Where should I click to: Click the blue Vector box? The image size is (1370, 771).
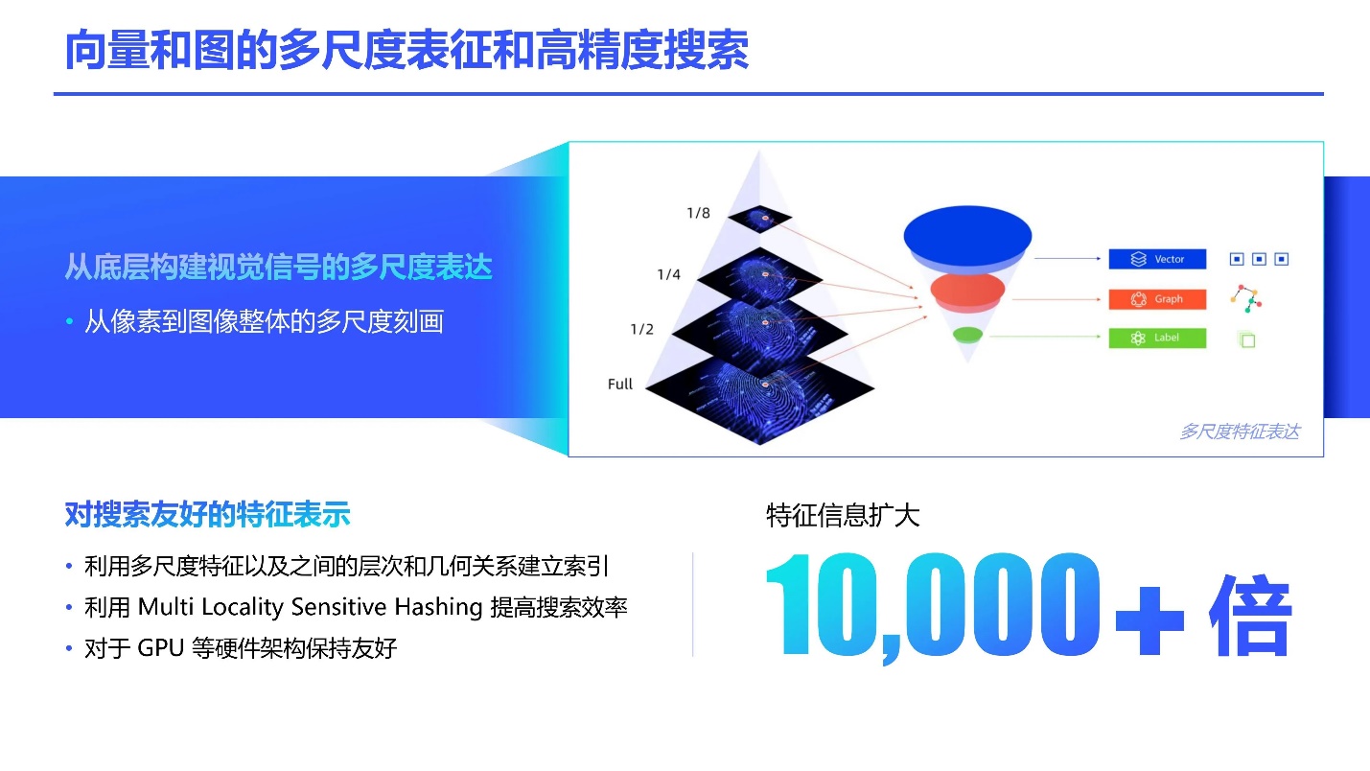pyautogui.click(x=1157, y=259)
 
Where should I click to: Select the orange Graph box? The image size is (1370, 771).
pyautogui.click(x=1157, y=299)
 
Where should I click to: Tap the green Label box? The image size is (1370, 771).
pyautogui.click(x=1157, y=338)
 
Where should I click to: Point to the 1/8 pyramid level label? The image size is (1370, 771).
pyautogui.click(x=699, y=213)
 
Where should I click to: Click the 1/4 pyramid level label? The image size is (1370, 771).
pyautogui.click(x=668, y=274)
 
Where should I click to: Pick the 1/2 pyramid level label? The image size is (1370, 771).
pyautogui.click(x=642, y=329)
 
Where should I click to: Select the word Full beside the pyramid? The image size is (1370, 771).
pyautogui.click(x=620, y=385)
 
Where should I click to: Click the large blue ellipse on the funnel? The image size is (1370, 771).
pyautogui.click(x=967, y=235)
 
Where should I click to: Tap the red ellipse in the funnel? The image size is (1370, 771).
pyautogui.click(x=967, y=290)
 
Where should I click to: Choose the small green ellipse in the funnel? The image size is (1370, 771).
pyautogui.click(x=967, y=335)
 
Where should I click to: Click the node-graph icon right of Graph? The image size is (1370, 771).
pyautogui.click(x=1245, y=298)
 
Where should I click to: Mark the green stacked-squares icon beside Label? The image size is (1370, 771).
pyautogui.click(x=1246, y=339)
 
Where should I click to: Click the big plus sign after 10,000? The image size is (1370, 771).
pyautogui.click(x=1149, y=620)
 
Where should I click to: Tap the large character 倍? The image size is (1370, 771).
pyautogui.click(x=1251, y=616)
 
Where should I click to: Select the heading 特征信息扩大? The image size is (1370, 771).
pyautogui.click(x=843, y=515)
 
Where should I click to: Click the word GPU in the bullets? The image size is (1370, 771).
pyautogui.click(x=161, y=647)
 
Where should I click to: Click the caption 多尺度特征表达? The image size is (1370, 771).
pyautogui.click(x=1240, y=432)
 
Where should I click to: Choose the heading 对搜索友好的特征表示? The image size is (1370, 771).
pyautogui.click(x=207, y=514)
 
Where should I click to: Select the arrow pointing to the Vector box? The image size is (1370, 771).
pyautogui.click(x=1067, y=259)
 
